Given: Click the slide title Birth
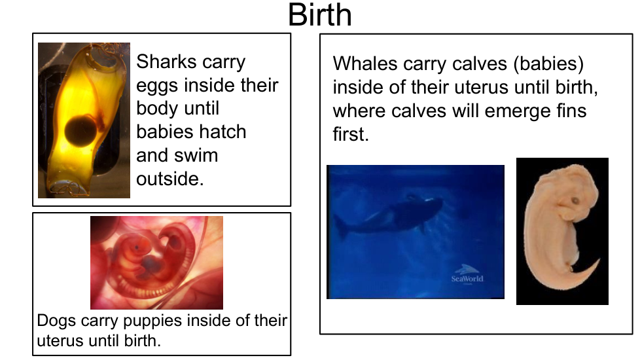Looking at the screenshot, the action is (319, 14).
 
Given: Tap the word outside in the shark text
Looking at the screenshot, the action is (169, 179).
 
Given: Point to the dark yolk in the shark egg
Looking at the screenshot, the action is (80, 131).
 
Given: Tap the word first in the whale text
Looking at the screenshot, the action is (351, 134).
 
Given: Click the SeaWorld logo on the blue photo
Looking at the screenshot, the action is (467, 275).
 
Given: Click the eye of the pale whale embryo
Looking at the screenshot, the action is (575, 201).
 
